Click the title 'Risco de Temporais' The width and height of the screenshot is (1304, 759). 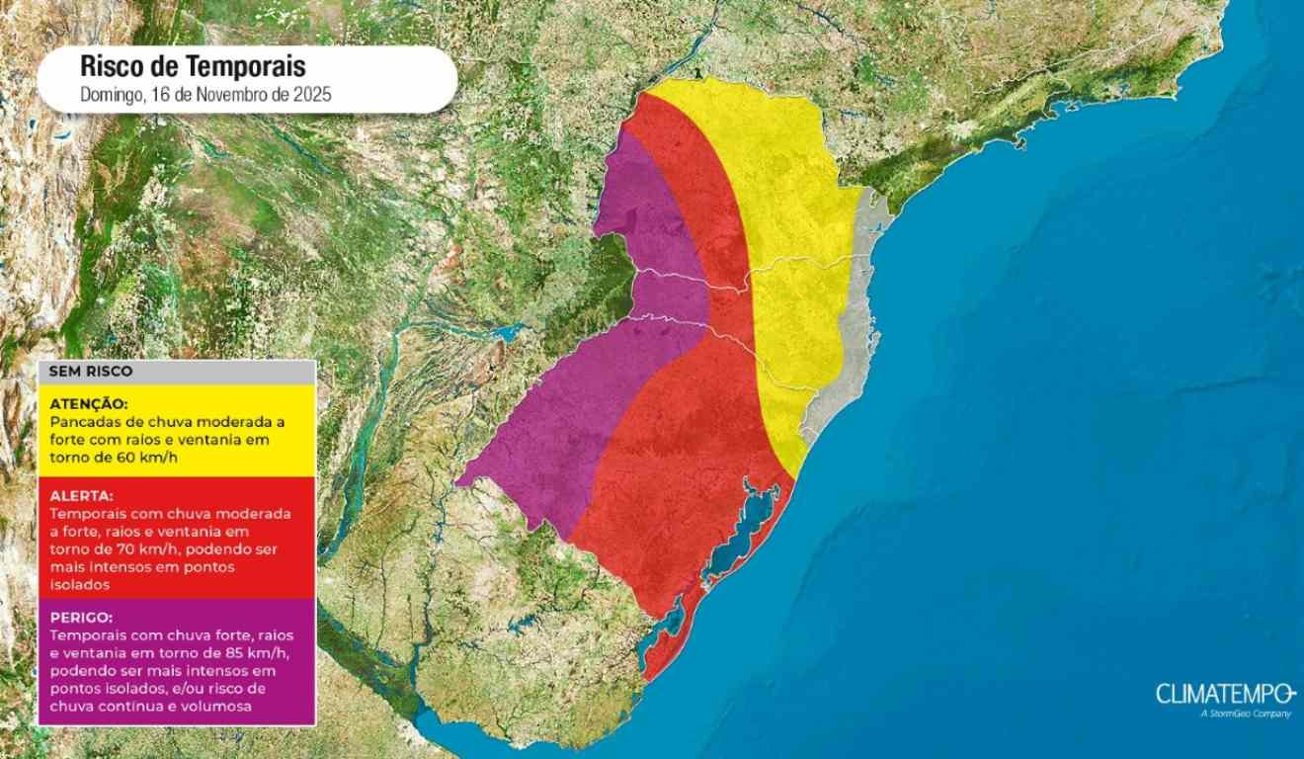(x=193, y=67)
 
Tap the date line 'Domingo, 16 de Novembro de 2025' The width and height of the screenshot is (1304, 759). (x=204, y=96)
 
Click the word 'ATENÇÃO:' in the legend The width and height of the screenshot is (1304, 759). (x=88, y=404)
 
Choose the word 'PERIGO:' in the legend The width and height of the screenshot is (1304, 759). (x=81, y=617)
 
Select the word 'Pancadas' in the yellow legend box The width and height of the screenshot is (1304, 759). (x=81, y=421)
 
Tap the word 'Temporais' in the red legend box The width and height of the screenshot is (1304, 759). (x=85, y=514)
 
